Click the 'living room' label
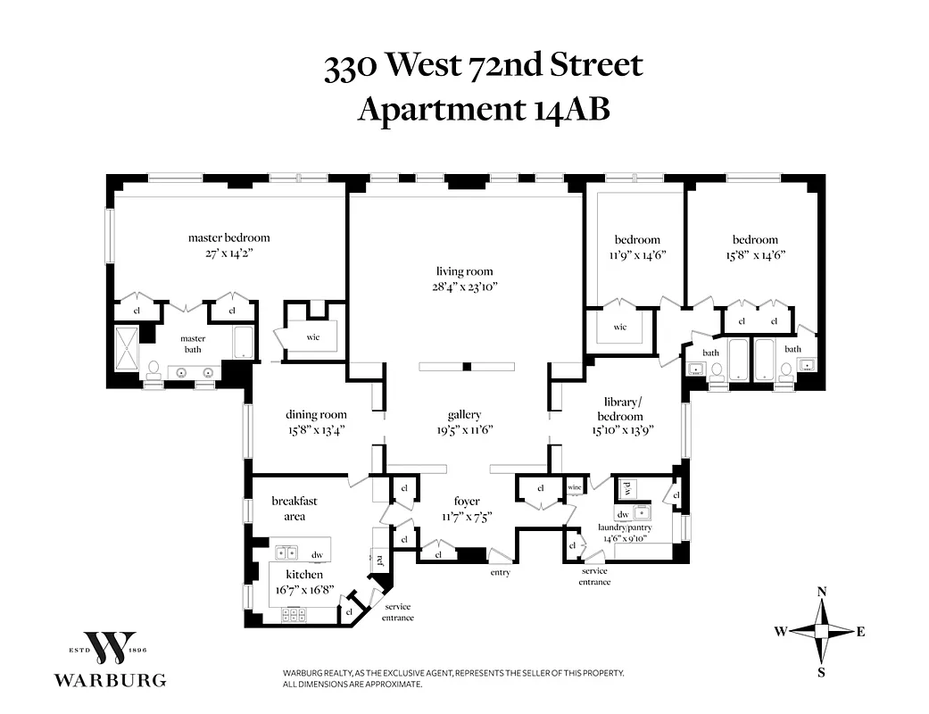click(464, 271)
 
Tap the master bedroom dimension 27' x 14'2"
click(228, 253)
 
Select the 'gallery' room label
click(464, 414)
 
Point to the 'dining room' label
click(316, 414)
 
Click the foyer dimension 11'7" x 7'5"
click(468, 517)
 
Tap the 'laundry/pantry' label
click(625, 527)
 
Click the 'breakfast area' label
click(294, 508)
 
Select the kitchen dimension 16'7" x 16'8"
click(304, 590)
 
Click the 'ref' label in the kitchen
click(379, 560)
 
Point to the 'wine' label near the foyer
click(575, 488)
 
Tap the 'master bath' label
click(193, 344)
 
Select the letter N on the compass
click(822, 592)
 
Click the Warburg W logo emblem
click(110, 647)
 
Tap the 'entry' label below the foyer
click(500, 572)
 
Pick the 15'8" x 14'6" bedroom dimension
click(755, 254)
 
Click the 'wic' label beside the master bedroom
click(313, 336)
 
